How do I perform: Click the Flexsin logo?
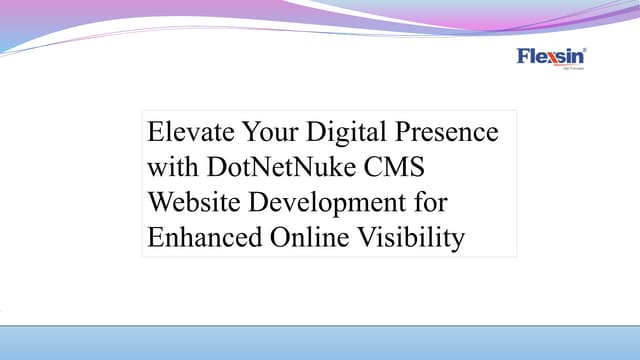coord(551,57)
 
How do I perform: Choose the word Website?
coord(194,204)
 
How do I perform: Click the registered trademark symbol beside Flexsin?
coord(584,49)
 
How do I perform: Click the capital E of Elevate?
coord(156,132)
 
